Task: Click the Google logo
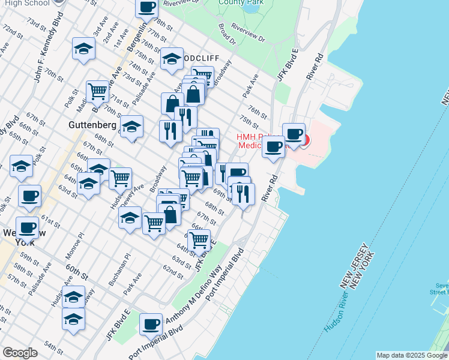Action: point(20,353)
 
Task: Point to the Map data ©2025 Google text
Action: point(412,355)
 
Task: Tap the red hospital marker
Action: point(305,142)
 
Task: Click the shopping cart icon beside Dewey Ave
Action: point(121,178)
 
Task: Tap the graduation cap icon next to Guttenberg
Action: point(131,127)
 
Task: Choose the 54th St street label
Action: point(54,347)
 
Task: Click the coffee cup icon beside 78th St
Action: point(147,8)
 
